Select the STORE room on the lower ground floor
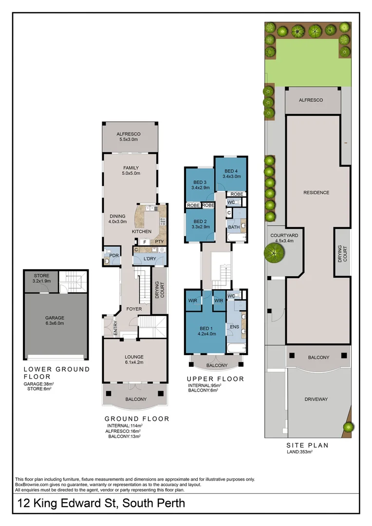[x=41, y=279]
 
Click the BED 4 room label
[x=231, y=174]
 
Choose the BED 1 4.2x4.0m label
[x=206, y=332]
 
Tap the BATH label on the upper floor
[x=233, y=227]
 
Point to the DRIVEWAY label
[x=316, y=399]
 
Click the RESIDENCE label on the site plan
[x=316, y=192]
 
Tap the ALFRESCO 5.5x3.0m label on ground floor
[x=129, y=137]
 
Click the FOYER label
[x=134, y=308]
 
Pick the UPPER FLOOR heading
[x=215, y=378]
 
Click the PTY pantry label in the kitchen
[x=159, y=242]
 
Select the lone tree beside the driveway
[x=348, y=427]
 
